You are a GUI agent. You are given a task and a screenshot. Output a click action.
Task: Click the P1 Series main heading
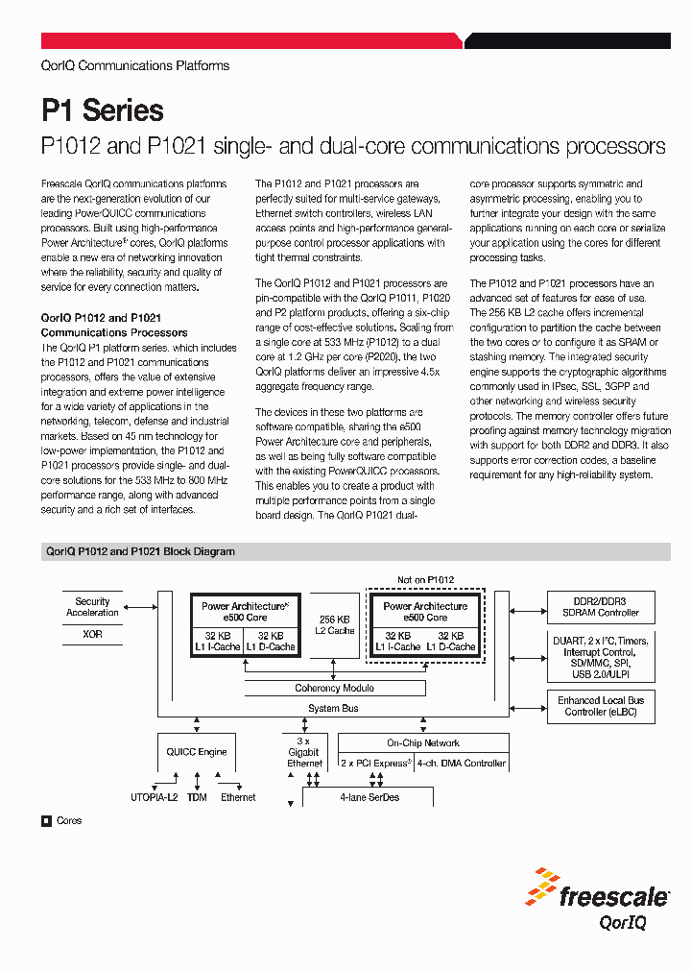(103, 110)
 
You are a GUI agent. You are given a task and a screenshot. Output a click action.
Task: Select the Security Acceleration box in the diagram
(93, 607)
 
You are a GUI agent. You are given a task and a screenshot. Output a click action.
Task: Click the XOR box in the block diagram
(93, 635)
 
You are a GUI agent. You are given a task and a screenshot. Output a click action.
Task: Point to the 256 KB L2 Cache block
(336, 625)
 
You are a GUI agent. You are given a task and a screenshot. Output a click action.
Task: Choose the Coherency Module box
(334, 688)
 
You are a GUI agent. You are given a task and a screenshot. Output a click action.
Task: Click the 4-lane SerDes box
(369, 797)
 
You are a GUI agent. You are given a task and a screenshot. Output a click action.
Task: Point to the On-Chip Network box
(423, 742)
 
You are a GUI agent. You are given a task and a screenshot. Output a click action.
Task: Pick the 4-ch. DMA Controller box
(462, 763)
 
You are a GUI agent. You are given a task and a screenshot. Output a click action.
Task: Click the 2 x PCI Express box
(375, 763)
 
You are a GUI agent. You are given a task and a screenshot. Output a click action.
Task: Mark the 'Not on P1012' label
(426, 579)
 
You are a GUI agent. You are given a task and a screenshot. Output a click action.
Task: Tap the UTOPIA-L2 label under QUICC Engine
(154, 798)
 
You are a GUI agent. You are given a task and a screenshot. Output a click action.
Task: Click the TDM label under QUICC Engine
(197, 798)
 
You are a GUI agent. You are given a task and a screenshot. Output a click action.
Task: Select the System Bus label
(333, 709)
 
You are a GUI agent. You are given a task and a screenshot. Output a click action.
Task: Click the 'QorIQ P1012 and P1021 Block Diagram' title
(140, 552)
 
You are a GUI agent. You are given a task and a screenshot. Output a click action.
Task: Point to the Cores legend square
(45, 821)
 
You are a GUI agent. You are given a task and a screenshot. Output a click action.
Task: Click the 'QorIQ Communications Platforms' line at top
(135, 66)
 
